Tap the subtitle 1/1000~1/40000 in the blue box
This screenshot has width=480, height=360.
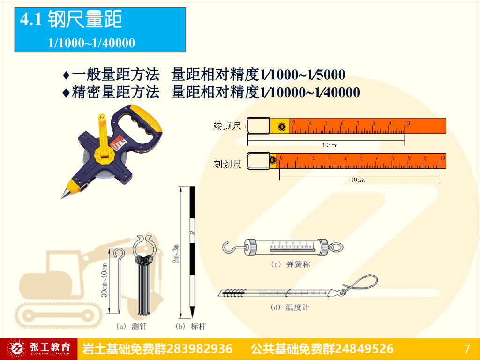coord(91,44)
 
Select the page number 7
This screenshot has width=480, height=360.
coord(466,349)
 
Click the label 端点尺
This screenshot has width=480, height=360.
coord(227,125)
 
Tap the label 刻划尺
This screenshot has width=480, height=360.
coord(227,164)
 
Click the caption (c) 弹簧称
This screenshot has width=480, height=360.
coord(291,265)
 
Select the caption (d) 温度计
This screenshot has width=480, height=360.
coord(291,307)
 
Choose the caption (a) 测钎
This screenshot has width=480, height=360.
coord(130,325)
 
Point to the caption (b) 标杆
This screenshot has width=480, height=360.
coord(191,325)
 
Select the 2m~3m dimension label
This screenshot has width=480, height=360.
coord(175,253)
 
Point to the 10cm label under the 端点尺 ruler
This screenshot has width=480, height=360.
coord(329,145)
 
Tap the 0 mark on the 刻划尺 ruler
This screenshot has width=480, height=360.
coord(281,158)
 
